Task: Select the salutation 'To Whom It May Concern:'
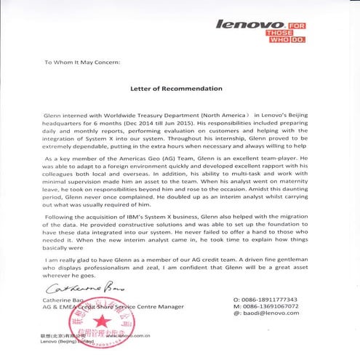point(81,62)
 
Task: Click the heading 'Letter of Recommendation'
point(176,88)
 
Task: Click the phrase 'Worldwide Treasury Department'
point(124,115)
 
